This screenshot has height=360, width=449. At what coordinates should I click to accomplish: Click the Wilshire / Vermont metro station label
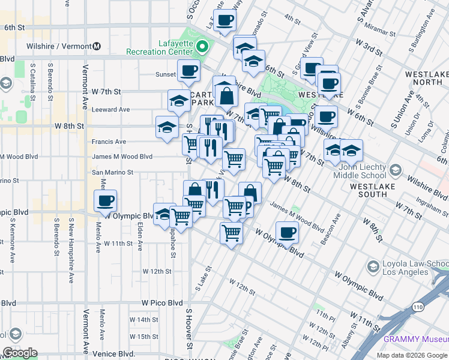[63, 46]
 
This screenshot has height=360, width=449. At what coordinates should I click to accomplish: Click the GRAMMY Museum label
[416, 340]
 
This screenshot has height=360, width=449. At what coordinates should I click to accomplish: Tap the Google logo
[20, 353]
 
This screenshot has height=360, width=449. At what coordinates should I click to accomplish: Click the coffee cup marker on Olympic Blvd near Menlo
[105, 202]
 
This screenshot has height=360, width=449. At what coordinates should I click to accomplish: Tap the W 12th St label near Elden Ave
[157, 271]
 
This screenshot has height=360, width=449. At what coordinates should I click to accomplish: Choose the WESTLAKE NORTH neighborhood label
[424, 78]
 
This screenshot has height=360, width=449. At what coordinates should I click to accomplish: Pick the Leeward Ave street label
[110, 110]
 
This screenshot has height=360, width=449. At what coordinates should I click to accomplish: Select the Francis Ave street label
[109, 142]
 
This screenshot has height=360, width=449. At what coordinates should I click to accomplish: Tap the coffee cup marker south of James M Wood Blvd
[287, 232]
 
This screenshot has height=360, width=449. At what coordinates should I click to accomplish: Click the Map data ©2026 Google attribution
[411, 355]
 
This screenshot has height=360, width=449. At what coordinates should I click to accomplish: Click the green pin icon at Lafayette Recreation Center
[203, 46]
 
